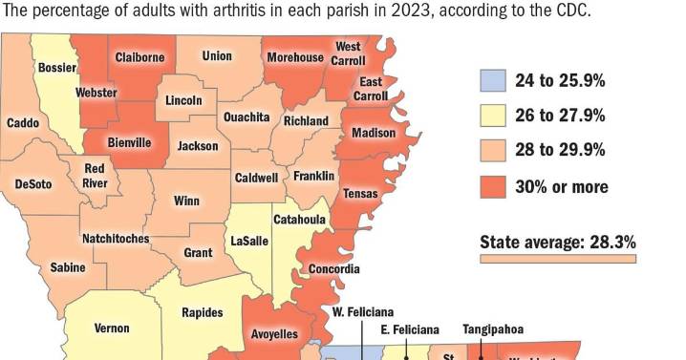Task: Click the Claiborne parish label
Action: point(139,57)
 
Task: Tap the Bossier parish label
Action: point(56,68)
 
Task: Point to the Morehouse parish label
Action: point(295,57)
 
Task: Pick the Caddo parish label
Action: point(23,123)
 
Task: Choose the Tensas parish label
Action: point(361,194)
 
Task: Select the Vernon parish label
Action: point(112,328)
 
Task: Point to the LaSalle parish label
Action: point(249,241)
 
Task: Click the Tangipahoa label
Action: point(493,329)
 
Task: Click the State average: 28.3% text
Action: point(557,242)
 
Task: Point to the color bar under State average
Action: point(557,258)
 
